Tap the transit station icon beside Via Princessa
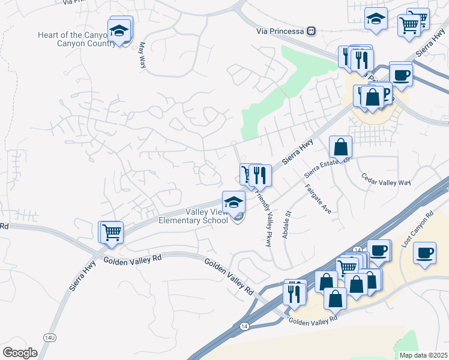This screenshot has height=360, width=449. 311,31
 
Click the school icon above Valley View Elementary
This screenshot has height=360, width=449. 234,201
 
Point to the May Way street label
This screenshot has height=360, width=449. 142,54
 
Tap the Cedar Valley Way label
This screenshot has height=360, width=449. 386,179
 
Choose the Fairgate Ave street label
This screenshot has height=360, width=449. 318,199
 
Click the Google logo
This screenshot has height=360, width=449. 20,352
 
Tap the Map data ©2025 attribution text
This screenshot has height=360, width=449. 423,355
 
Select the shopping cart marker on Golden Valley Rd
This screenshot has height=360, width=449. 112,232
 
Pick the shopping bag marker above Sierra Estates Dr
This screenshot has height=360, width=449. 340,146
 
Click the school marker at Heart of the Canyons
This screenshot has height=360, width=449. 119,30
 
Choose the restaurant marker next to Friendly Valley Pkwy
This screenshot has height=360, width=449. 260,175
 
